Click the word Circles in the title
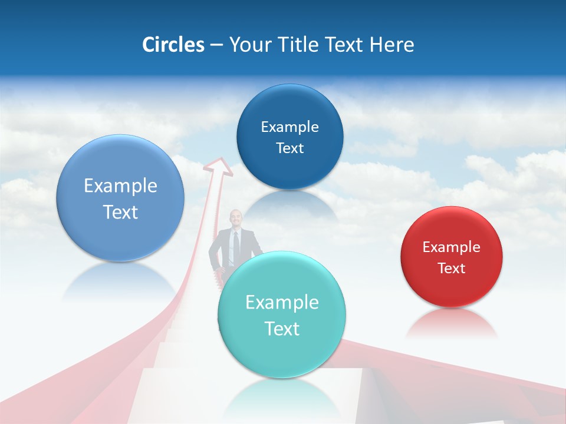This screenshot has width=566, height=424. [x=173, y=45]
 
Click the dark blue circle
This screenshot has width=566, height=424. [x=289, y=137]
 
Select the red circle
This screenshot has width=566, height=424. [x=451, y=257]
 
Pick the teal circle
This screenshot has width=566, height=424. [x=282, y=315]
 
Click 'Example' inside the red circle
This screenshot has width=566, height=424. [x=451, y=247]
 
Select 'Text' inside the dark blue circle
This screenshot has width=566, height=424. [x=289, y=148]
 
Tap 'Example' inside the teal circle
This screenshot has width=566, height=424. [x=282, y=303]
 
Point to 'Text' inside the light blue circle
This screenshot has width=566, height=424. [x=120, y=212]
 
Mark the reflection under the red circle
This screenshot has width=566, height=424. [x=451, y=324]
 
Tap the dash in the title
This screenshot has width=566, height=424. [x=216, y=45]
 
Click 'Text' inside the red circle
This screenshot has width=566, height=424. [x=451, y=268]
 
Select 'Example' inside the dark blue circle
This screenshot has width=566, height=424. [x=289, y=127]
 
